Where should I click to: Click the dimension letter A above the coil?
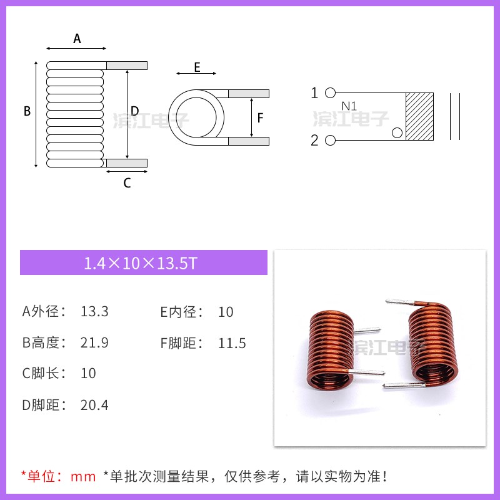pyautogui.click(x=77, y=39)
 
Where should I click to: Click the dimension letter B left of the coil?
pyautogui.click(x=27, y=112)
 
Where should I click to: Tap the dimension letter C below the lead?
pyautogui.click(x=127, y=183)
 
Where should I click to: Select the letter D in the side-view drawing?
pyautogui.click(x=134, y=111)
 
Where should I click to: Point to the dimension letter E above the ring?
pyautogui.click(x=197, y=67)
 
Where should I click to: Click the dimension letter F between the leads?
pyautogui.click(x=261, y=117)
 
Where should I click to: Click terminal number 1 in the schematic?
pyautogui.click(x=314, y=93)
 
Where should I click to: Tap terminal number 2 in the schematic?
pyautogui.click(x=314, y=140)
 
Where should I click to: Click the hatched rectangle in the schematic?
pyautogui.click(x=419, y=116)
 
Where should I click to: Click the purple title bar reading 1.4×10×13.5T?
pyautogui.click(x=143, y=263)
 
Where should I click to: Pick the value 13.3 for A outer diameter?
pyautogui.click(x=94, y=311)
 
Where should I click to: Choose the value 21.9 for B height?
pyautogui.click(x=94, y=342)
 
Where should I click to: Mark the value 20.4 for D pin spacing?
pyautogui.click(x=94, y=405)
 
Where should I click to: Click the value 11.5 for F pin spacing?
pyautogui.click(x=232, y=342)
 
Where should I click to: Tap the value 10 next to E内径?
pyautogui.click(x=226, y=311)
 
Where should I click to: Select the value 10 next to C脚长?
pyautogui.click(x=88, y=373)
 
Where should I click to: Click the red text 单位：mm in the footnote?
pyautogui.click(x=59, y=477)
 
